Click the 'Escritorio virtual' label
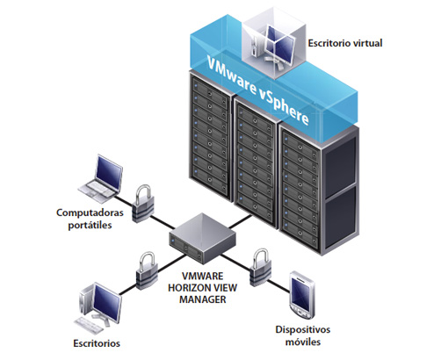click(x=345, y=43)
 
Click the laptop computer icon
click(x=101, y=179)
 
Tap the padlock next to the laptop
click(x=142, y=204)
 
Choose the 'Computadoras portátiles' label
click(x=90, y=219)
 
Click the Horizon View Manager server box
click(x=202, y=238)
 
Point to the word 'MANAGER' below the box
click(x=203, y=299)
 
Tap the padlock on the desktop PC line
click(x=147, y=270)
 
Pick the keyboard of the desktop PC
click(x=89, y=325)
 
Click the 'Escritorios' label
click(x=97, y=343)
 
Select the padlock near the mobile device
click(x=261, y=268)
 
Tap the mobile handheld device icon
click(x=301, y=295)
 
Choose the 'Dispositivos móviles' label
click(x=303, y=335)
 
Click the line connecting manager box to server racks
click(x=240, y=221)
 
